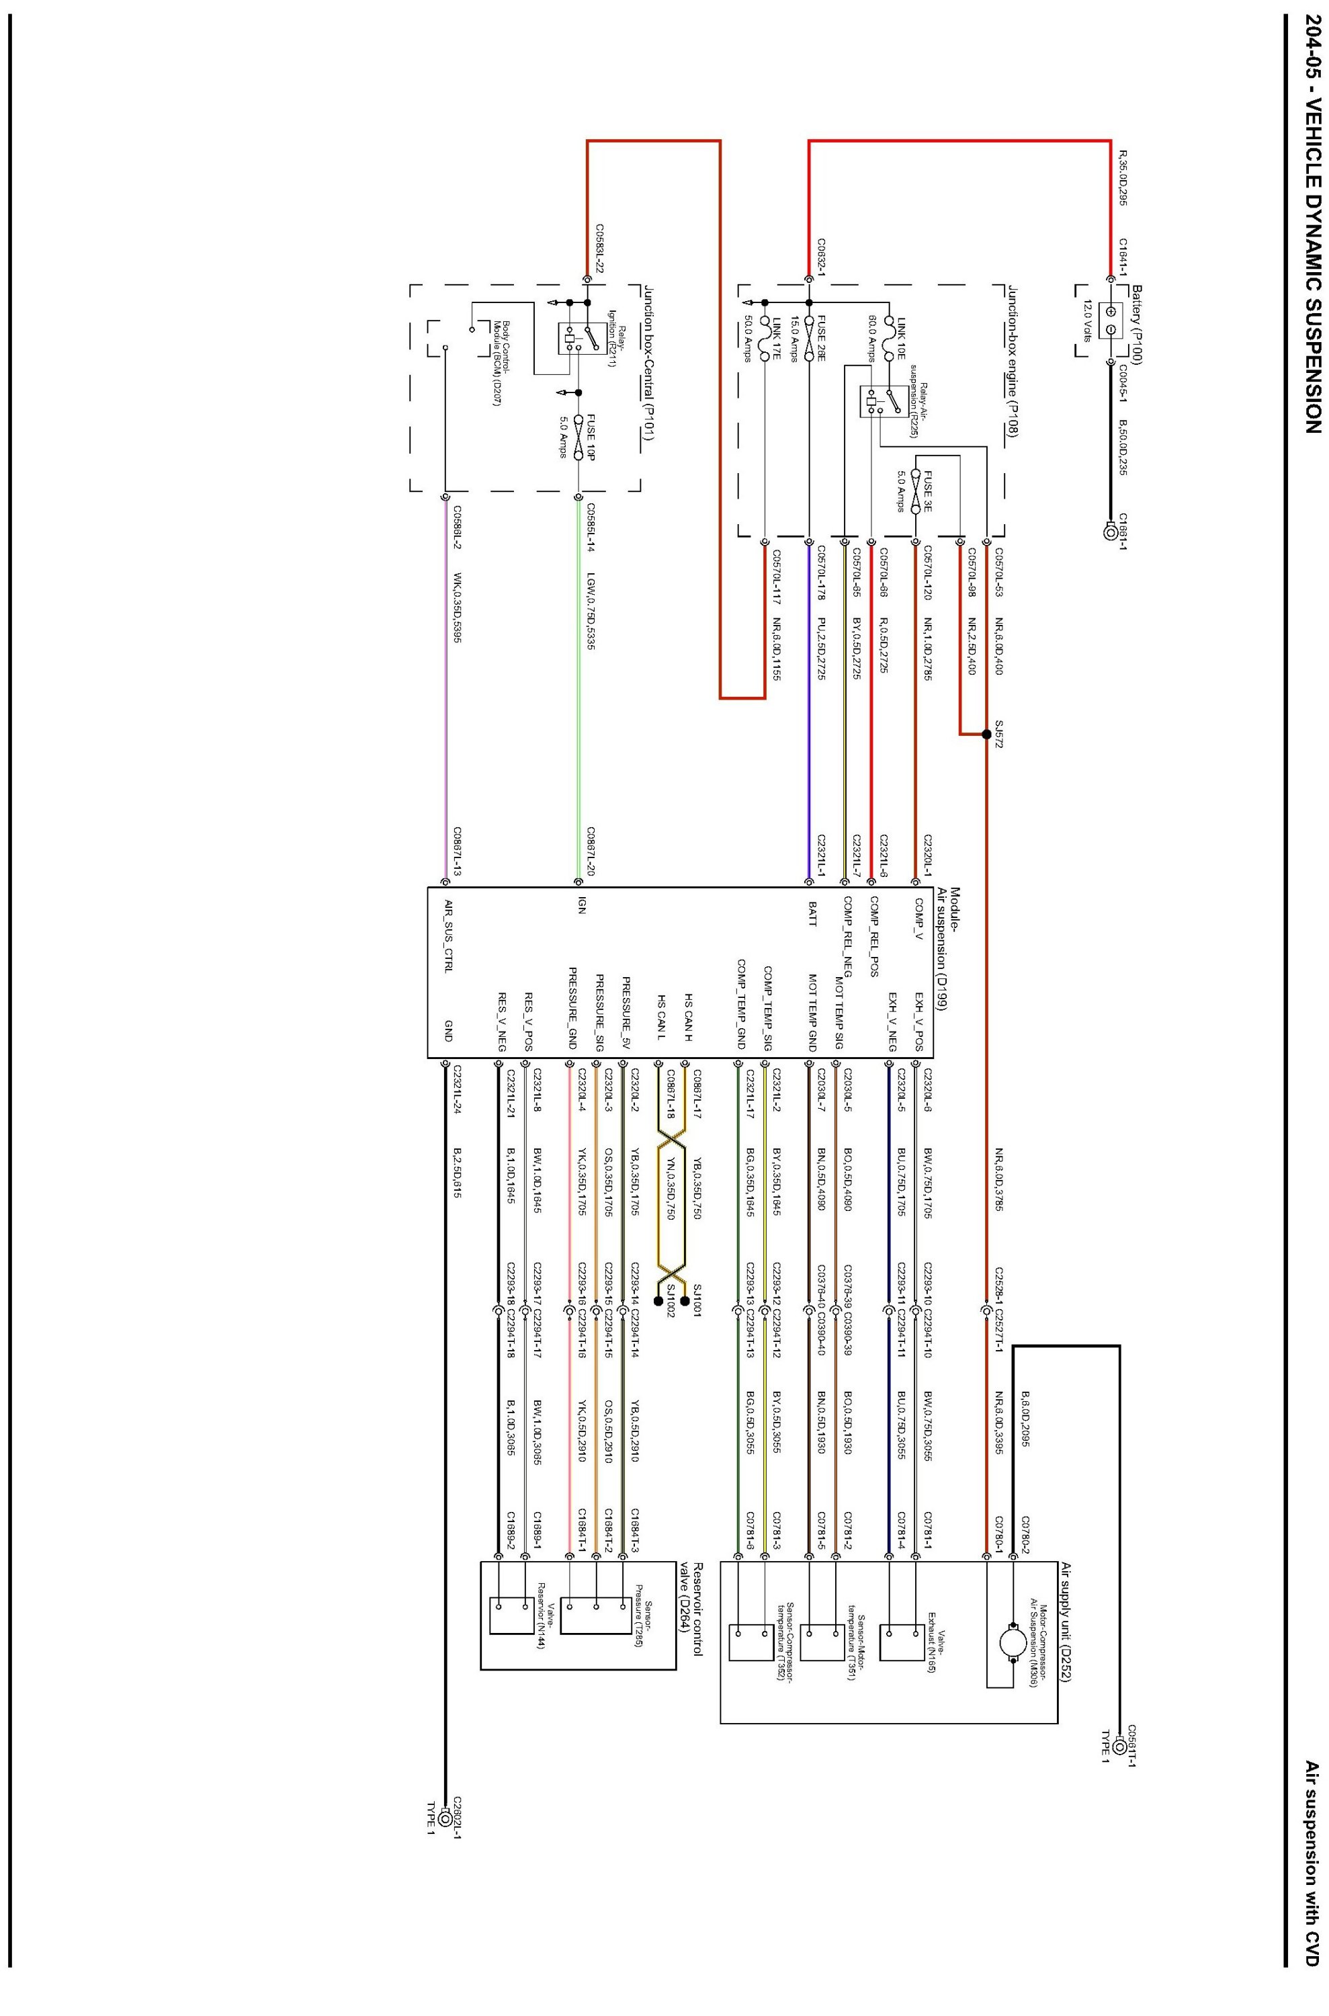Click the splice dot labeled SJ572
(x=986, y=734)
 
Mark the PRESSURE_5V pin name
(x=626, y=1014)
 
